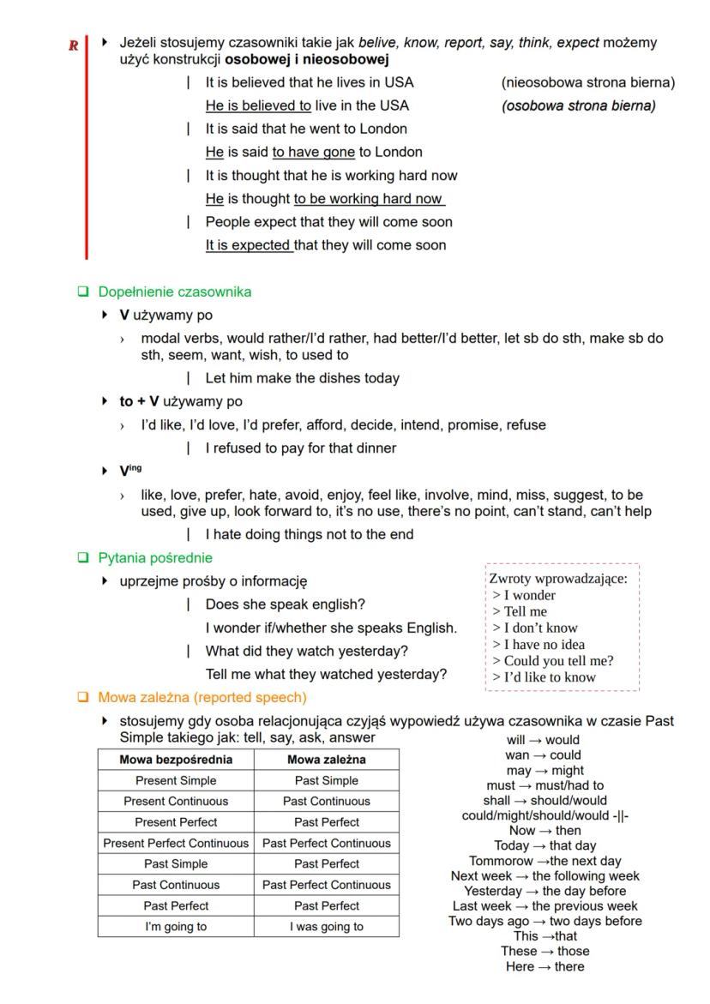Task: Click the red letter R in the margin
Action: (74, 45)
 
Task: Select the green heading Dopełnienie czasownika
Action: (174, 292)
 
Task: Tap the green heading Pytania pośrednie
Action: (155, 558)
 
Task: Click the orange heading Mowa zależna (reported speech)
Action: (202, 697)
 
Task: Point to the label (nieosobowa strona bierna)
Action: (587, 82)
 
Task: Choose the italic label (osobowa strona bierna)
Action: (578, 105)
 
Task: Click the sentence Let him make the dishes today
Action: (302, 378)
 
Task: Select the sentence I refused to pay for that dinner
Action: (300, 448)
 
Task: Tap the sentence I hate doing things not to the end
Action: (309, 535)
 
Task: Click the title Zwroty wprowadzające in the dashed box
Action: (558, 579)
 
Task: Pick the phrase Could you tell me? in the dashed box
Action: (553, 660)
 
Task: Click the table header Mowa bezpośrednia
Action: (176, 760)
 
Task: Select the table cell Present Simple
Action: (176, 780)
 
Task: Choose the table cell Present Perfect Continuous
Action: (176, 843)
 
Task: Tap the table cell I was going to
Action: (326, 926)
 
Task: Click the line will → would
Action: (544, 740)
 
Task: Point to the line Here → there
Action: (545, 966)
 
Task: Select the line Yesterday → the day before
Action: (545, 891)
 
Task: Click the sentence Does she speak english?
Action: (285, 604)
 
